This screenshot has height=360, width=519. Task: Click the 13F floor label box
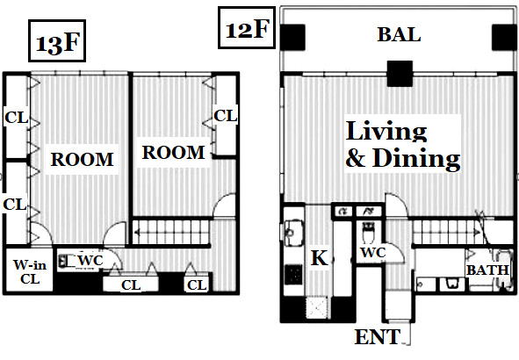57,40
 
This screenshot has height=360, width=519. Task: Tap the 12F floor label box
247,28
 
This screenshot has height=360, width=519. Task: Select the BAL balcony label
399,34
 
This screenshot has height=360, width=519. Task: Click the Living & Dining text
402,145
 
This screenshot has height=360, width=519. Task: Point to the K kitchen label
320,258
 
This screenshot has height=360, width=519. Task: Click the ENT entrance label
378,337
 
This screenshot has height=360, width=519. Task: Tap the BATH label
487,270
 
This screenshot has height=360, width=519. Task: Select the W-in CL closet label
30,272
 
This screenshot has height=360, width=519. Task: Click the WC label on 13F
90,261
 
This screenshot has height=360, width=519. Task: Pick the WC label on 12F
373,253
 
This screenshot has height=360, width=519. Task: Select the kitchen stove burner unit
293,274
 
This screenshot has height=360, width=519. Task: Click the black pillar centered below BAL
400,74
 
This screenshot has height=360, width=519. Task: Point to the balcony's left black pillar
292,37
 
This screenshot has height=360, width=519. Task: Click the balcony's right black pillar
504,37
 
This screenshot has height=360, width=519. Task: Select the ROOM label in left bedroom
82,160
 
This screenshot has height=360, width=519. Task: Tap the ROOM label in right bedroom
173,153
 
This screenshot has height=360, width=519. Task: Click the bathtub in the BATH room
503,270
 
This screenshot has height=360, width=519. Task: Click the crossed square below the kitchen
317,307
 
